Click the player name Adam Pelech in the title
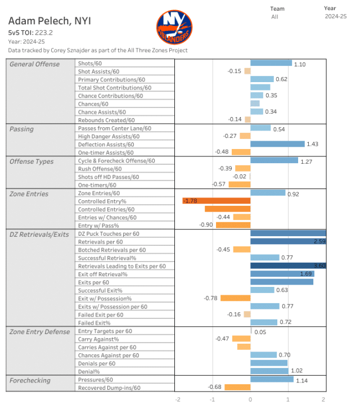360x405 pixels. [x=50, y=21]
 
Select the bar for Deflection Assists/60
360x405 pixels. [x=277, y=144]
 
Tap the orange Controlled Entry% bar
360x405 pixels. [x=217, y=201]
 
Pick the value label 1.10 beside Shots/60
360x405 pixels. [x=300, y=64]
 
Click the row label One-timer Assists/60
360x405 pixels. [x=106, y=152]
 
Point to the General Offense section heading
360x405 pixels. [x=35, y=64]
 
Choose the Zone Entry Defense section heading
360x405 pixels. [x=39, y=332]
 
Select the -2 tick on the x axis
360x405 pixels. [x=178, y=399]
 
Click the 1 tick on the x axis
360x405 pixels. [x=287, y=399]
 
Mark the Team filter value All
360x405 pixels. [x=274, y=17]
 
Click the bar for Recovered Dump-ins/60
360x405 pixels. [x=237, y=387]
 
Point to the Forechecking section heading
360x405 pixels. [x=30, y=380]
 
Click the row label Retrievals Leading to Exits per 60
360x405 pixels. [x=121, y=265]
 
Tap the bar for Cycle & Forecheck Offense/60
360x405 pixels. [x=274, y=160]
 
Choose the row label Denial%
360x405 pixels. [x=89, y=371]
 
